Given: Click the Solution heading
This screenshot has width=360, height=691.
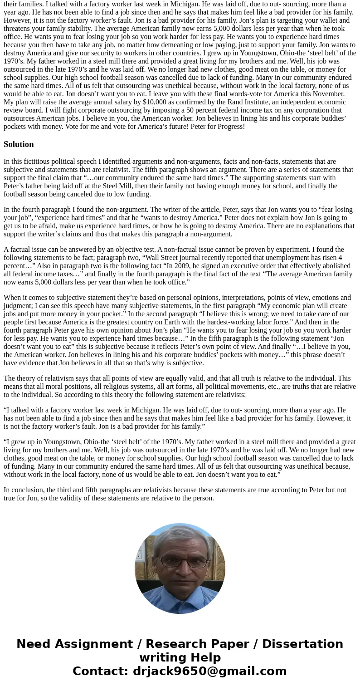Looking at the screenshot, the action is point(19,144).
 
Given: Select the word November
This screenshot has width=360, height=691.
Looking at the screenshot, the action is point(325,94).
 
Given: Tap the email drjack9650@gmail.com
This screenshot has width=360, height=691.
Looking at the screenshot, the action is point(209,671).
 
